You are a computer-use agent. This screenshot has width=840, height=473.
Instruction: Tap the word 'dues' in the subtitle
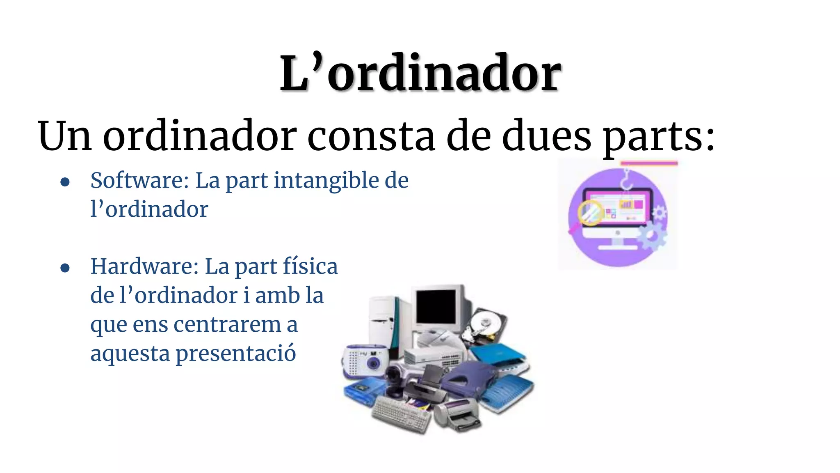point(547,136)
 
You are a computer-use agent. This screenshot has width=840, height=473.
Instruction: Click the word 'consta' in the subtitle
point(371,136)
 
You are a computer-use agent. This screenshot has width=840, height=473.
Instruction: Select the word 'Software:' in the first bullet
point(139,181)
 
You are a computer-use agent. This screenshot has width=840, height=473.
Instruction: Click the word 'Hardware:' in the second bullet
point(144,266)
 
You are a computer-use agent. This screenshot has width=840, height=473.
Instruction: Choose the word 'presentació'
point(235,354)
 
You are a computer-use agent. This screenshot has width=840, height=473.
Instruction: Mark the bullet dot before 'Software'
point(65,182)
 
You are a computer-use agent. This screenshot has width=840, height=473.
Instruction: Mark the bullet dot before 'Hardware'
point(65,268)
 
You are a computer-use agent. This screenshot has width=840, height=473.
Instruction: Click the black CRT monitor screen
point(436,306)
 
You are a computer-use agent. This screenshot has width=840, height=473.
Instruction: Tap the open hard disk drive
point(484,326)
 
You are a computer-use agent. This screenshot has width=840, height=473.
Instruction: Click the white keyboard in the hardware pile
point(401,413)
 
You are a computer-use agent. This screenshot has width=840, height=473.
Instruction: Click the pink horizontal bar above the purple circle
point(649,163)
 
